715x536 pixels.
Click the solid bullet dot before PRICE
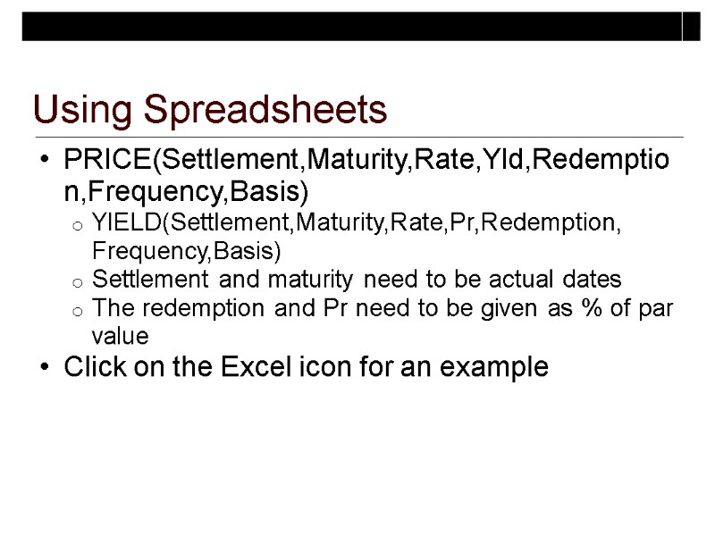pyautogui.click(x=45, y=164)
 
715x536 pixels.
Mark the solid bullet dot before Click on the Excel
pyautogui.click(x=45, y=367)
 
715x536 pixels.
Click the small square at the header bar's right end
pyautogui.click(x=691, y=27)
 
